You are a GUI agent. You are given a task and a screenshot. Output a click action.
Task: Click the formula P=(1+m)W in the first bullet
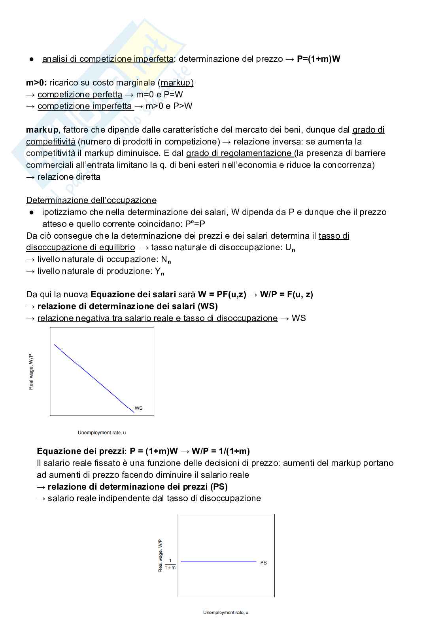click(x=318, y=59)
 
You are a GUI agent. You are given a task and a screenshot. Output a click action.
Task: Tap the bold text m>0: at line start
click(x=36, y=83)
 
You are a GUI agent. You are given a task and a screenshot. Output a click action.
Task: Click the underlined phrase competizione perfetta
click(x=80, y=95)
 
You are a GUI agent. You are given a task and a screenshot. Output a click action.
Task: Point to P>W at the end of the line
click(x=183, y=106)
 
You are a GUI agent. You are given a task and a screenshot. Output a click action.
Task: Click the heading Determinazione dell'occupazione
click(x=91, y=200)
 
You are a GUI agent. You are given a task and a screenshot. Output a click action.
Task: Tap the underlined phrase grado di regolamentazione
click(x=239, y=153)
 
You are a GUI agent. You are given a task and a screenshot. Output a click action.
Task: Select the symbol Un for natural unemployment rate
click(x=290, y=248)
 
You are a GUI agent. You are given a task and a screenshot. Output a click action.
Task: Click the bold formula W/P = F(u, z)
click(x=286, y=294)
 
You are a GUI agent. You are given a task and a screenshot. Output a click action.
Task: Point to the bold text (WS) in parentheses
click(x=208, y=306)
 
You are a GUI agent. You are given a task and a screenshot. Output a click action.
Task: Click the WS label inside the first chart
click(x=138, y=408)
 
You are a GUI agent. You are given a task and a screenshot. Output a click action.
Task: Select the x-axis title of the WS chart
click(x=102, y=433)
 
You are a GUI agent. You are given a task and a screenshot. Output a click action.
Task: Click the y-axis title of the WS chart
click(x=31, y=372)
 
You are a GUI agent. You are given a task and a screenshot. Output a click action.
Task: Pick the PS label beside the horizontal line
click(x=263, y=562)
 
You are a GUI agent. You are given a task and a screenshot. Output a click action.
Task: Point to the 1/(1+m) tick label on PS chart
click(x=170, y=564)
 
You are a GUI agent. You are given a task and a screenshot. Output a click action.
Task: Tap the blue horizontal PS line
click(x=218, y=562)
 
